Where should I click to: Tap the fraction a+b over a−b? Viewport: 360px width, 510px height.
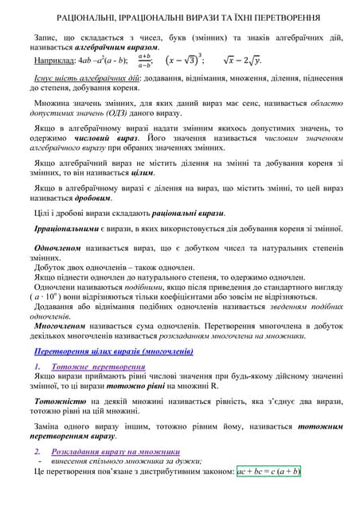click(x=144, y=60)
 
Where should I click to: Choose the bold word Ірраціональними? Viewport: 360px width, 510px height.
click(x=64, y=229)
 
